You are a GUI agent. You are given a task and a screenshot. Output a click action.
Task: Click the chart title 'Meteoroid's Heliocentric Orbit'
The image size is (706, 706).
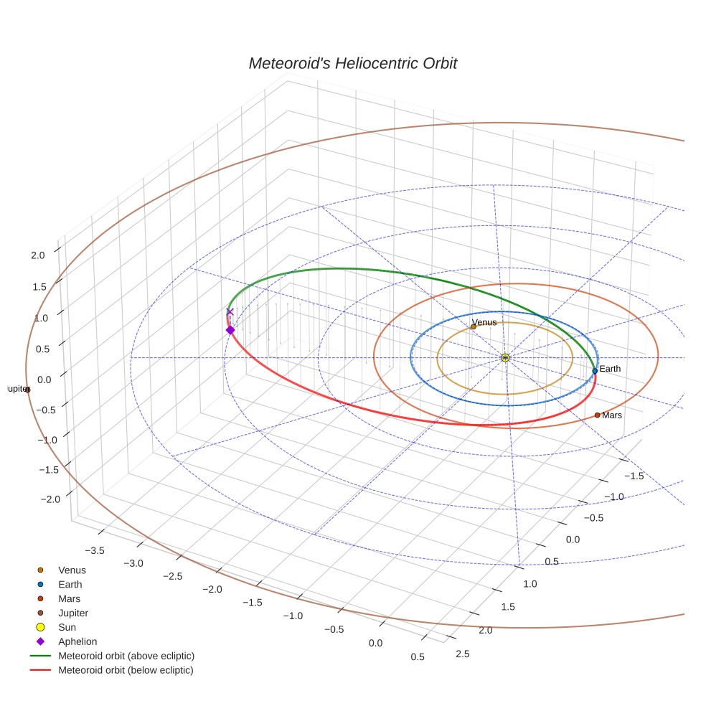[x=352, y=63]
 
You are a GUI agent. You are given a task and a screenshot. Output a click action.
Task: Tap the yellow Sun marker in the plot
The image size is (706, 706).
[x=505, y=357]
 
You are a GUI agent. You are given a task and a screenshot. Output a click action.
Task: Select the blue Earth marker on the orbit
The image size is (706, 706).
[x=595, y=371]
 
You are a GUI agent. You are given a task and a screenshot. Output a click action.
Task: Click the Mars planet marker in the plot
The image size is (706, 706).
[x=597, y=415]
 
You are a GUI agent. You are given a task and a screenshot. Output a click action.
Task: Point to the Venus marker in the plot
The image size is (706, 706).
[x=474, y=326]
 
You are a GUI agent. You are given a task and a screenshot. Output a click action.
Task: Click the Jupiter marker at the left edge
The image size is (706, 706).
[x=27, y=390]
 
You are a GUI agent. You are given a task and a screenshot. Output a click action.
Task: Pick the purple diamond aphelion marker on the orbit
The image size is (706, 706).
[x=230, y=330]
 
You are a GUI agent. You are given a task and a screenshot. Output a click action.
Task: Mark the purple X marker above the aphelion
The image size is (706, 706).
[x=230, y=311]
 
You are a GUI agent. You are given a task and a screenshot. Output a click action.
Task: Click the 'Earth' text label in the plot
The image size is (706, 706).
[x=610, y=369]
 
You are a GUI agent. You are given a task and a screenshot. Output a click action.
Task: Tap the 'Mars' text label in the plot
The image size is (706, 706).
[x=612, y=415]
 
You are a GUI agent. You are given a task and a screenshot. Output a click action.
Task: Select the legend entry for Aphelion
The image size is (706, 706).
[x=77, y=641]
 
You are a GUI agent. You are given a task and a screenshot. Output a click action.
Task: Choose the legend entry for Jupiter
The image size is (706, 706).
[x=73, y=613]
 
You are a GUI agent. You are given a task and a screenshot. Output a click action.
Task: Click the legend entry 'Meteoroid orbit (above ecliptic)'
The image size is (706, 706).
[x=126, y=656]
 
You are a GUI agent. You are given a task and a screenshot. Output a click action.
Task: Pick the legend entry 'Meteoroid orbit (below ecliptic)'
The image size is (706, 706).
[x=126, y=670]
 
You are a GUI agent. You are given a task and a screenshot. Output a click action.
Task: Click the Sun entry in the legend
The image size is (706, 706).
[x=67, y=627]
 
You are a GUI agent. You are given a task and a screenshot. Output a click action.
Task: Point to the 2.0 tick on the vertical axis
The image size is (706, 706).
[x=38, y=255]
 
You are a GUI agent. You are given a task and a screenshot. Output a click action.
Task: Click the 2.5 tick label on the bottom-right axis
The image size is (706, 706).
[x=463, y=653]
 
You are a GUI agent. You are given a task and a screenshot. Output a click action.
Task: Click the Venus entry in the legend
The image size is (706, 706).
[x=72, y=570]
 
